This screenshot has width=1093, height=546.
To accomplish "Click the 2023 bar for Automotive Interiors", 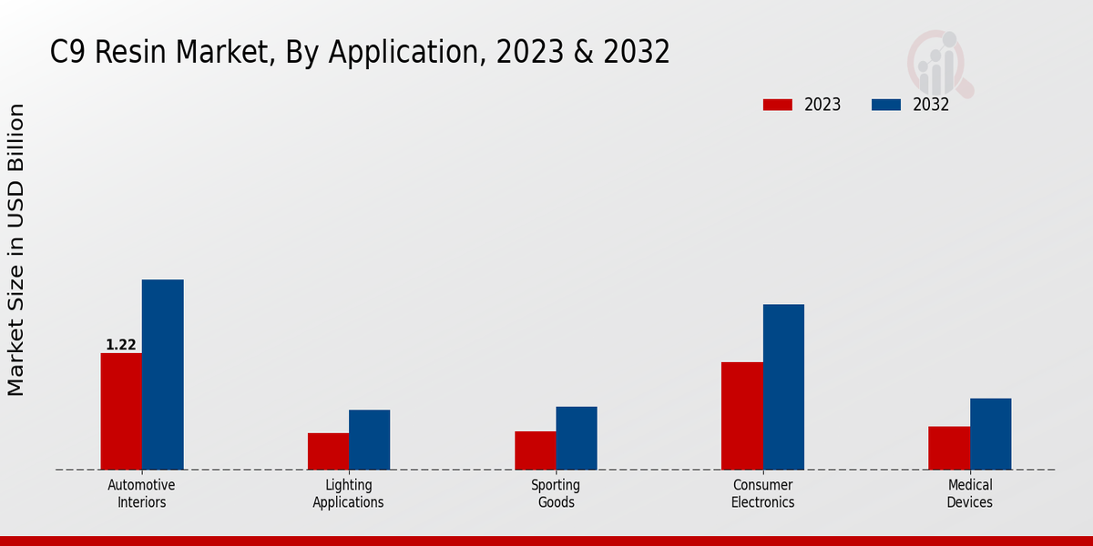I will tap(121, 411).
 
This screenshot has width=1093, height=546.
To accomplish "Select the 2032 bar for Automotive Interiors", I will tap(162, 375).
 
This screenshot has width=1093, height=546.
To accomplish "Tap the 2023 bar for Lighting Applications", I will tap(328, 451).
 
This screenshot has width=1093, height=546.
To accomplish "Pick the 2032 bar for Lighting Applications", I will tap(369, 440).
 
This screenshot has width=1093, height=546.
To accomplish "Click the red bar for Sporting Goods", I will tap(535, 450).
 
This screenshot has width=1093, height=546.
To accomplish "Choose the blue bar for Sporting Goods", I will tap(577, 438).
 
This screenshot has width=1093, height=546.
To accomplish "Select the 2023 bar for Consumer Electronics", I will tap(741, 416).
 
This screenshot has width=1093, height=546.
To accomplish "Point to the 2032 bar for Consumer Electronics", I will tap(783, 387).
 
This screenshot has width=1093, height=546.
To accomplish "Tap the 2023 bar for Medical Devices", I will tap(949, 448).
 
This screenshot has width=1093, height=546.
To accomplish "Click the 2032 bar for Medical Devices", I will tap(990, 434).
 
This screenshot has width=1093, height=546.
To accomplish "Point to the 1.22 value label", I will tap(121, 345).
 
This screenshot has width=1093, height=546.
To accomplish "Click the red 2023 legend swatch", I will tap(777, 105).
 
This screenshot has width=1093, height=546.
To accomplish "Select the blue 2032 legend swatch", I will tap(885, 105).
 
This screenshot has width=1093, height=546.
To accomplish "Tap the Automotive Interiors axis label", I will tap(141, 493).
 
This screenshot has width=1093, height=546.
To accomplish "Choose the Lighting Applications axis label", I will tap(348, 493).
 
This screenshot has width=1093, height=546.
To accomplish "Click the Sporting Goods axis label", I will tap(556, 493).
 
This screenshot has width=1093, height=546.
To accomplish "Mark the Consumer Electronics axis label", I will tap(762, 493).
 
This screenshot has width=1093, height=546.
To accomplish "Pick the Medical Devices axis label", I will tap(969, 493).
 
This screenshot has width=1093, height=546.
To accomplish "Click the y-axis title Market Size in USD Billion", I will tap(16, 250).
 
